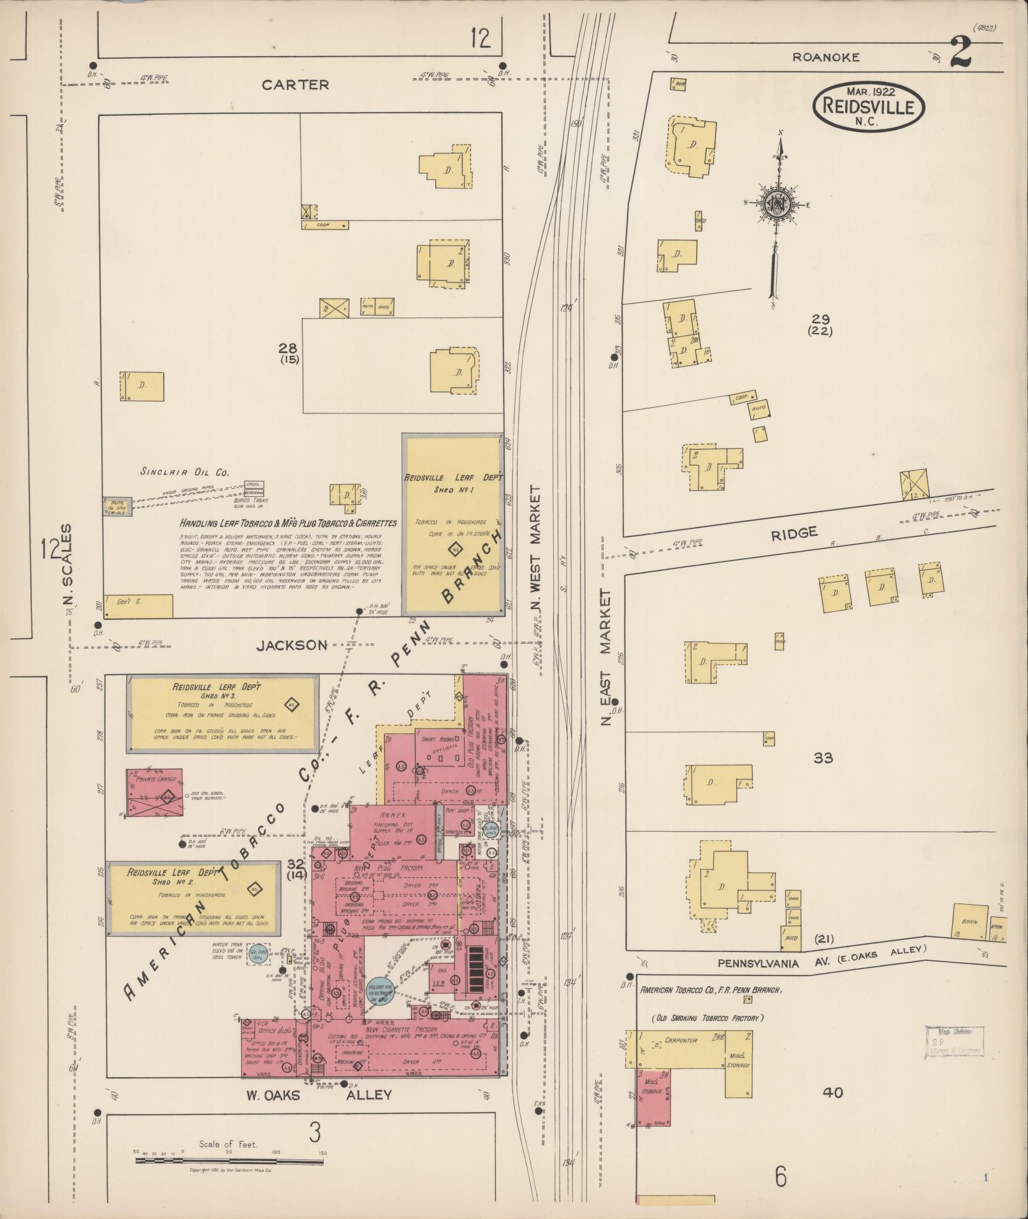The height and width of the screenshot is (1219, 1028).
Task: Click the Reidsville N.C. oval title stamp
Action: (868, 106)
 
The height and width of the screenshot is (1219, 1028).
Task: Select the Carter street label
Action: (296, 84)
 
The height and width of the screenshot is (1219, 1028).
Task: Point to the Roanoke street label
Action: (825, 57)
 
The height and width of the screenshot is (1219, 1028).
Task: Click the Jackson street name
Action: (292, 645)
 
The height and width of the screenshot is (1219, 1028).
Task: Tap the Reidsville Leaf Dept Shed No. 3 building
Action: (223, 713)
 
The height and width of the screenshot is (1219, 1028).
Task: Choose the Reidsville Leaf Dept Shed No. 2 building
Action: (194, 898)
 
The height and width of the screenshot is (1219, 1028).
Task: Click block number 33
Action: (823, 758)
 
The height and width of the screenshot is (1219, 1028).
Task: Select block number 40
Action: (832, 1093)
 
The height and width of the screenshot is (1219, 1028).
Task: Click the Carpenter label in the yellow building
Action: (680, 1041)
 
